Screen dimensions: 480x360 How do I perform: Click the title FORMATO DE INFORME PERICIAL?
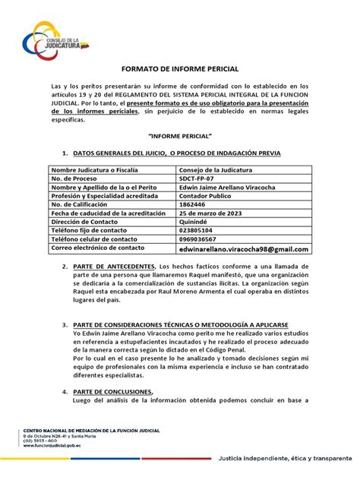(179, 68)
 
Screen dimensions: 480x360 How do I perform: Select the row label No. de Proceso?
(79, 179)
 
